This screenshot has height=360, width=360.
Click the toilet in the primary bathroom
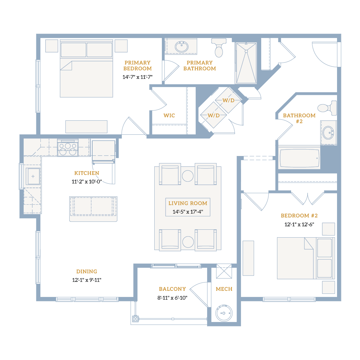coord(219,48)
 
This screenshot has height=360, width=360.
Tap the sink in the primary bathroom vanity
coord(182,47)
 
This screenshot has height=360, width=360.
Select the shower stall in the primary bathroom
coord(246,63)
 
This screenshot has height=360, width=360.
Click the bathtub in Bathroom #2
coord(299,158)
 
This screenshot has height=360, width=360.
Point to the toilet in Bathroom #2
coord(327,108)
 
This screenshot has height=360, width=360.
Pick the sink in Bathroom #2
coord(328,133)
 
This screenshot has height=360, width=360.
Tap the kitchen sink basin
coord(33,176)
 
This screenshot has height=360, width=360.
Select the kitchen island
coord(93,209)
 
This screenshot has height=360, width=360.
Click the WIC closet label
coord(169,116)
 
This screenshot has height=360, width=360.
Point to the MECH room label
coord(224,289)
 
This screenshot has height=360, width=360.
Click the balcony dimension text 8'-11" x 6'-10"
coord(172,298)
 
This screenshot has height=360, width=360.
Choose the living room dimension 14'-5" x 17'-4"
coord(188,212)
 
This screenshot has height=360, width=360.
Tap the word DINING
coord(86,272)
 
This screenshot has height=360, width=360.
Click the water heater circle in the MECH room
coord(224,313)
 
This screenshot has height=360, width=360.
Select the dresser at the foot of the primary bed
coord(86,127)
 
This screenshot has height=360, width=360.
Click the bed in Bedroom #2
coord(306,258)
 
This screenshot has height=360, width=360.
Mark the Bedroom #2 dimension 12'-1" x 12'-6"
coord(299,225)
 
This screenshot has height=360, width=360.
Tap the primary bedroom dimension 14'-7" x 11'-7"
coord(137,77)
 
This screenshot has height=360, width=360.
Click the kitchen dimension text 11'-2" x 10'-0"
coord(87,182)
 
